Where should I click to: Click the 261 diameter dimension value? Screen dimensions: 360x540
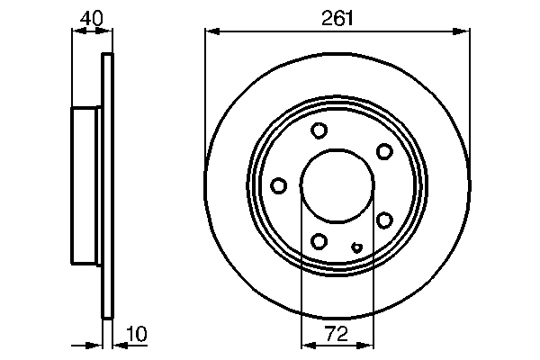[337, 16]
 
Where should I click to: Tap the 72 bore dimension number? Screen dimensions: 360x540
[337, 334]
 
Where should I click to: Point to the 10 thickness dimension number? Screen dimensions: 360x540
[136, 334]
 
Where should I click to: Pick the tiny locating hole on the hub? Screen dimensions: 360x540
[357, 248]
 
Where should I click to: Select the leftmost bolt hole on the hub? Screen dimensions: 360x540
[279, 185]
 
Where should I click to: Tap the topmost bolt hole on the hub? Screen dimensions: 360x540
[319, 130]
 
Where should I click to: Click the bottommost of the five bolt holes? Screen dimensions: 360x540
[319, 240]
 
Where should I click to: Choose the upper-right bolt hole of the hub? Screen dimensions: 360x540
[384, 150]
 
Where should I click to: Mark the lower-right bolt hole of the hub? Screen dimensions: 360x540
[384, 220]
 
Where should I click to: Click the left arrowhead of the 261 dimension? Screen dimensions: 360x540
[211, 31]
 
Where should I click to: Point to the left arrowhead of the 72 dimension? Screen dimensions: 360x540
[306, 344]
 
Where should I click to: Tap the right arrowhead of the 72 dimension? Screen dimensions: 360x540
[368, 344]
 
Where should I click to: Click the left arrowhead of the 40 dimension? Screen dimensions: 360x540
[76, 31]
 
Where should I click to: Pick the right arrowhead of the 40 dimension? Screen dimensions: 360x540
[109, 31]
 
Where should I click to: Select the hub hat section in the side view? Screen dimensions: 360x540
[87, 185]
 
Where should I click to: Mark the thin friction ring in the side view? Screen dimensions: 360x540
[109, 185]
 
